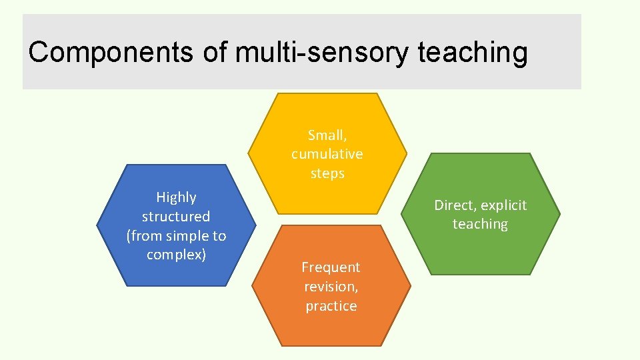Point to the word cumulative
(x=327, y=154)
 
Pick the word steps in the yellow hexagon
(x=327, y=173)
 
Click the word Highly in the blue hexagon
(x=176, y=197)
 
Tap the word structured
(x=176, y=217)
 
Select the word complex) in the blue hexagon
(x=176, y=255)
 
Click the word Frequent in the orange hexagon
(x=331, y=267)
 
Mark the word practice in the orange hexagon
(x=331, y=306)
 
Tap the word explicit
(x=505, y=205)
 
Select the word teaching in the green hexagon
(x=480, y=224)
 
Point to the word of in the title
(x=215, y=52)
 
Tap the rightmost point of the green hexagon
(x=560, y=214)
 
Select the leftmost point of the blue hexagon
(x=97, y=225)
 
